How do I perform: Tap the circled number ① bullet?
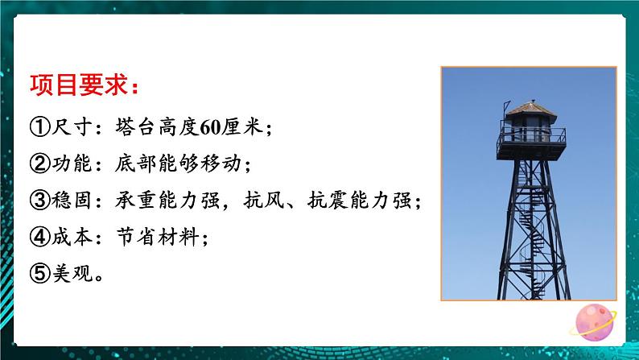(x=39, y=128)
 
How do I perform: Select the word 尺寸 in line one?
(x=70, y=128)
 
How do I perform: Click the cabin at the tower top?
(x=525, y=129)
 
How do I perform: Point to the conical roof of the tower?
(x=526, y=106)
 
